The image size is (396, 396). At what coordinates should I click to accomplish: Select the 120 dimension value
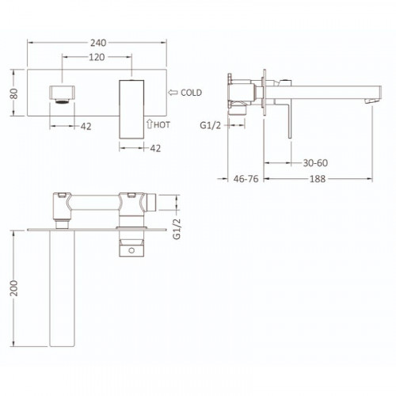click(97, 58)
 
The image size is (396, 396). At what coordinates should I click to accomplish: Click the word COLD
click(192, 93)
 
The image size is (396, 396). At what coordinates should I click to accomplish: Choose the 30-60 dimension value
click(317, 162)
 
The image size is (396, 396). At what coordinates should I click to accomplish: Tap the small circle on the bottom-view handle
click(131, 250)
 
